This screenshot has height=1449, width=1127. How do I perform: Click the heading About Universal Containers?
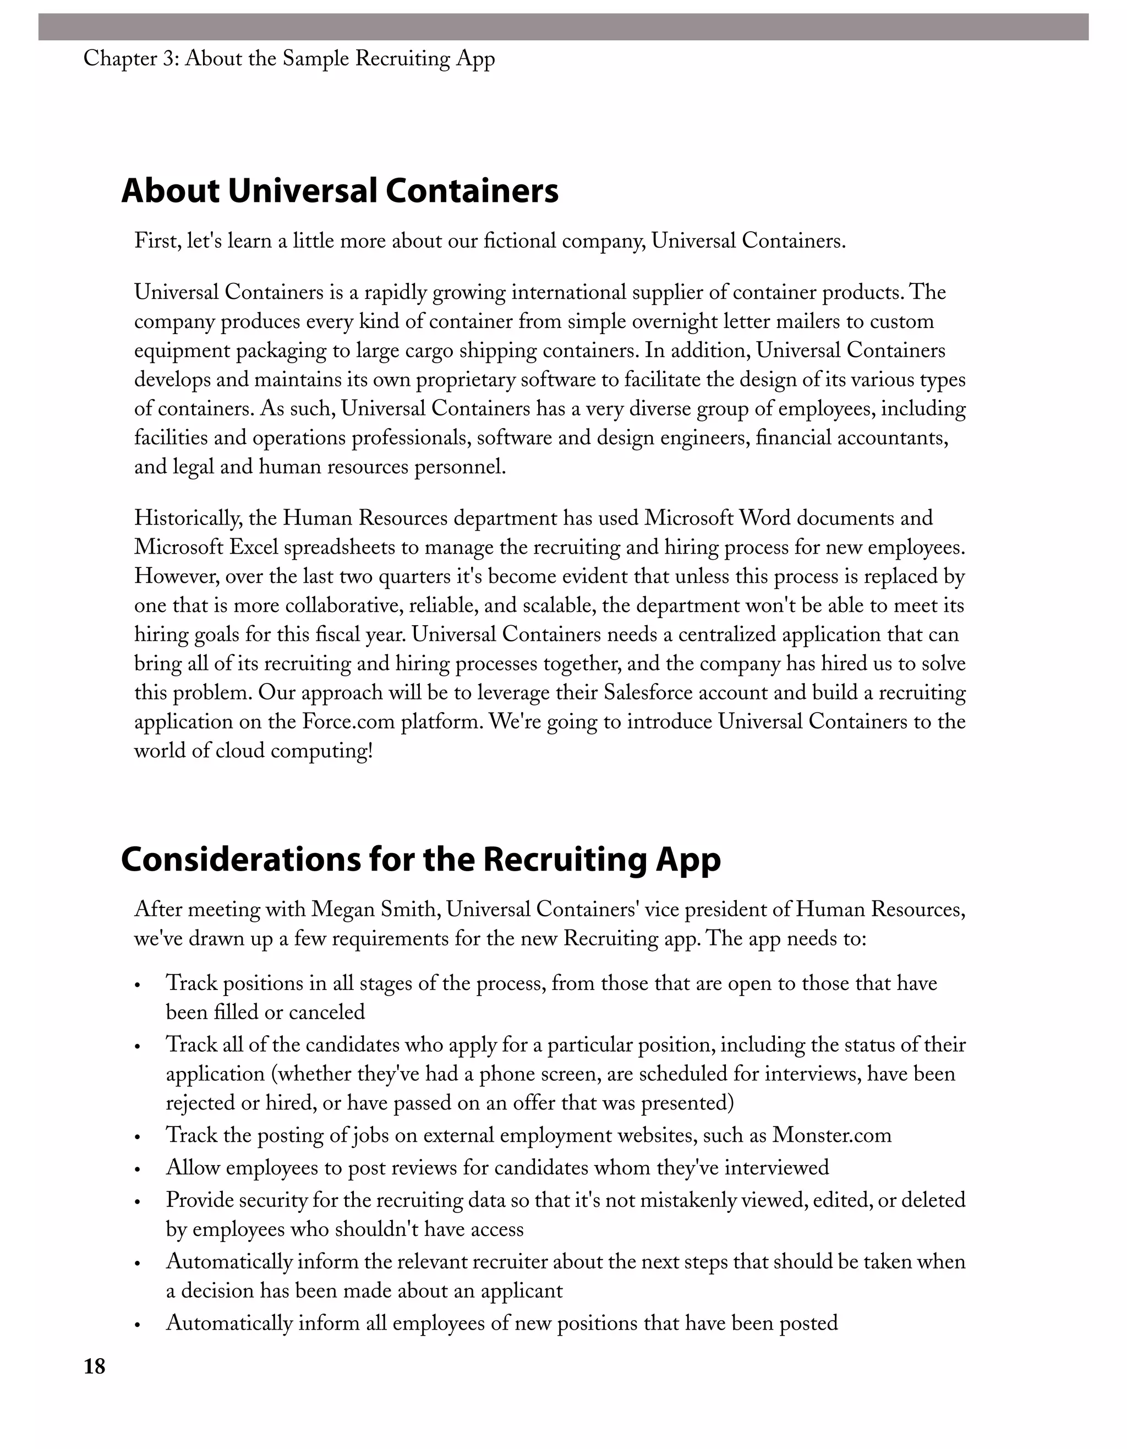tap(340, 191)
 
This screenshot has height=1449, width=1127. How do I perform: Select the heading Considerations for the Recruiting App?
tap(420, 860)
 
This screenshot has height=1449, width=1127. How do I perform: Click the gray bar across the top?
tap(563, 26)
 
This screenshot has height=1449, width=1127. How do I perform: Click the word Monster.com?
tap(832, 1135)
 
